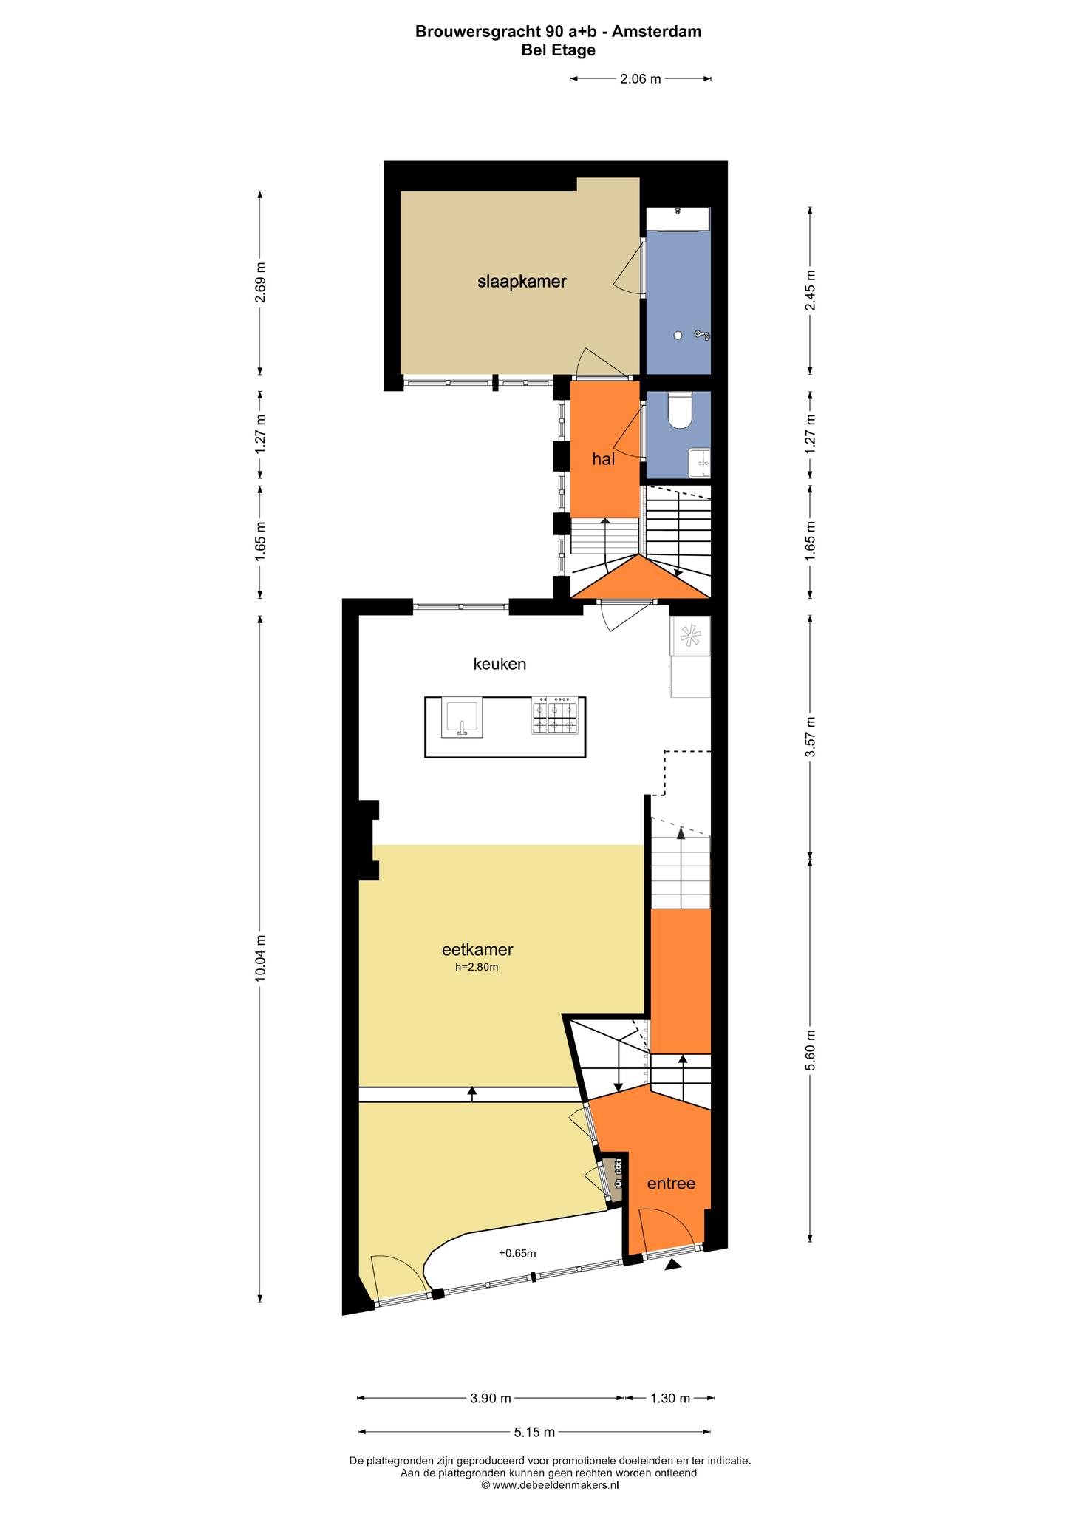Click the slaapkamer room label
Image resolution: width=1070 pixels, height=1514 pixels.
coord(522,282)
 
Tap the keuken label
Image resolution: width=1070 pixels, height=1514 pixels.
coord(500,664)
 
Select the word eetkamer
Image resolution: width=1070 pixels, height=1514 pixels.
coord(477,949)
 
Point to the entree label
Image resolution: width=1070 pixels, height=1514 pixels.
coord(671,1183)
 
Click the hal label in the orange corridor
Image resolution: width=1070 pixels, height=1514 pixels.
coord(604,459)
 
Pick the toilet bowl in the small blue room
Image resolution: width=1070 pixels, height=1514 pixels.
coord(679,410)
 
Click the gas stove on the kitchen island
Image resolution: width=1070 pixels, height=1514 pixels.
coord(554,716)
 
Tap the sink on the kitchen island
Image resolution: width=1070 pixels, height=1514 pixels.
coord(462,717)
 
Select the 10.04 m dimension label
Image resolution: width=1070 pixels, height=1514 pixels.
coord(260,959)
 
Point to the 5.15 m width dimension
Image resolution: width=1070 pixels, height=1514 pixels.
coord(534,1432)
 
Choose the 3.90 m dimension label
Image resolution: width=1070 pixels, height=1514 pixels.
coord(491,1398)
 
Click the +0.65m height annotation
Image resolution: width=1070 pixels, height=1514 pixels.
coord(517,1253)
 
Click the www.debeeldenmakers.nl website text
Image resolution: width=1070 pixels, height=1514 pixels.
coord(555,1484)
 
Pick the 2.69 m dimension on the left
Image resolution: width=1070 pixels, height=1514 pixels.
coord(260,282)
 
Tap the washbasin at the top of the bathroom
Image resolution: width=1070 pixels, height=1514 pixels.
coord(678,220)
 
